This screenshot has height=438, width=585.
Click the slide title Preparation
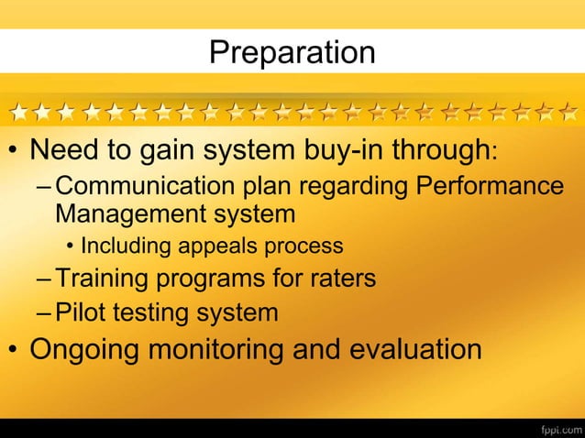(x=292, y=52)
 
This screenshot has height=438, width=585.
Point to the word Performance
(x=490, y=185)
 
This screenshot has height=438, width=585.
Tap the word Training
(x=101, y=278)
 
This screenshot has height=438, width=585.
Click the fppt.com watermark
(x=557, y=427)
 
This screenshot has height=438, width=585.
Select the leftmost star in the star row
(x=19, y=113)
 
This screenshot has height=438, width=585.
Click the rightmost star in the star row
(x=569, y=113)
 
